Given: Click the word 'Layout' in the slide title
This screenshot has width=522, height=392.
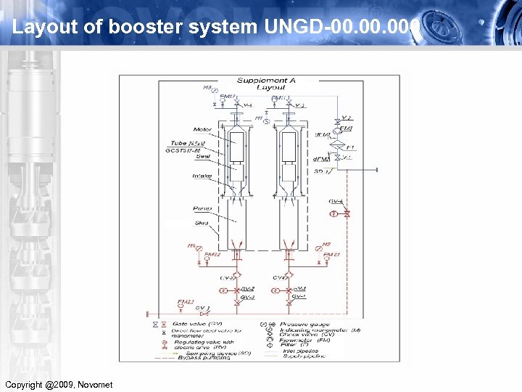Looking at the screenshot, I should click(36, 27).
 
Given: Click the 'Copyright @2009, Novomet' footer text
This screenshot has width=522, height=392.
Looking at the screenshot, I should click(59, 384).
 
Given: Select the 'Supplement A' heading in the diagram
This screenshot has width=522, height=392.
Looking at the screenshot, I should click(266, 80).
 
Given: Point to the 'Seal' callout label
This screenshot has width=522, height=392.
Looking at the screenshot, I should click(202, 155).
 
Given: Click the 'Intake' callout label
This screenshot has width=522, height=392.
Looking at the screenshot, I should click(202, 176).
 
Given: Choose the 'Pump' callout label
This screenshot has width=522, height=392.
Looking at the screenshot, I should click(202, 208).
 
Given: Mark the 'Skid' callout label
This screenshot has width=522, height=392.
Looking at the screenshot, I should click(201, 223).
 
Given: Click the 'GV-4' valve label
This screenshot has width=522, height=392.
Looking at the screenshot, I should click(336, 200).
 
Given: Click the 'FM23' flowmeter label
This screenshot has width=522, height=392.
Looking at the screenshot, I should click(186, 302).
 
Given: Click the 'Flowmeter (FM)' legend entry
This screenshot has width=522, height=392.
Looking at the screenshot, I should click(304, 340).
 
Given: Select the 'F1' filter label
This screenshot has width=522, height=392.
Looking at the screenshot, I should click(352, 147).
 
